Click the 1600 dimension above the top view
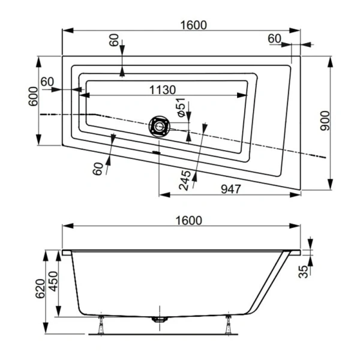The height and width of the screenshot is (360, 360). pyautogui.click(x=193, y=25)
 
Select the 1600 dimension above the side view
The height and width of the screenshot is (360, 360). pyautogui.click(x=189, y=220)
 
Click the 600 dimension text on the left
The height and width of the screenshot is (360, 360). pyautogui.click(x=34, y=97)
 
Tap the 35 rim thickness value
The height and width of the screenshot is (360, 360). pyautogui.click(x=304, y=272)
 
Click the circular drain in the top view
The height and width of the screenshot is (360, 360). pyautogui.click(x=160, y=126)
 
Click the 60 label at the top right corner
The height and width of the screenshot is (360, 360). pyautogui.click(x=274, y=38)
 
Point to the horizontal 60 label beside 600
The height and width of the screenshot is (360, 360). pyautogui.click(x=47, y=82)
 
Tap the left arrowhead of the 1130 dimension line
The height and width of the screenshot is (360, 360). pyautogui.click(x=86, y=95)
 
